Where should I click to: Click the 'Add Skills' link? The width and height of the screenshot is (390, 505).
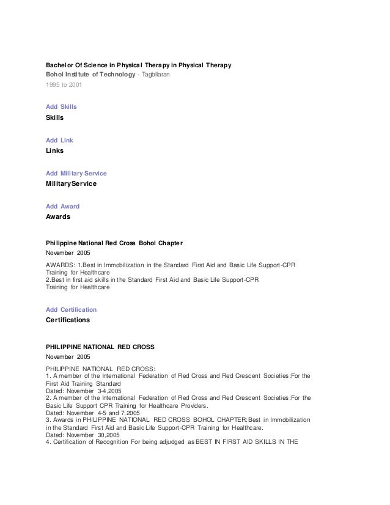click(x=62, y=106)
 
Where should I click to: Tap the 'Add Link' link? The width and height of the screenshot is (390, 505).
click(x=59, y=140)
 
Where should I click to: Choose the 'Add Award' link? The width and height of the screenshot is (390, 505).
click(x=62, y=207)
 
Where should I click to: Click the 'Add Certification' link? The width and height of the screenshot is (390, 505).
click(x=71, y=310)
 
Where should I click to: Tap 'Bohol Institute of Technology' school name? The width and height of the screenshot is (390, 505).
click(x=91, y=75)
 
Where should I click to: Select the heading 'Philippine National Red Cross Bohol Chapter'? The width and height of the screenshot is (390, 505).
click(x=114, y=243)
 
